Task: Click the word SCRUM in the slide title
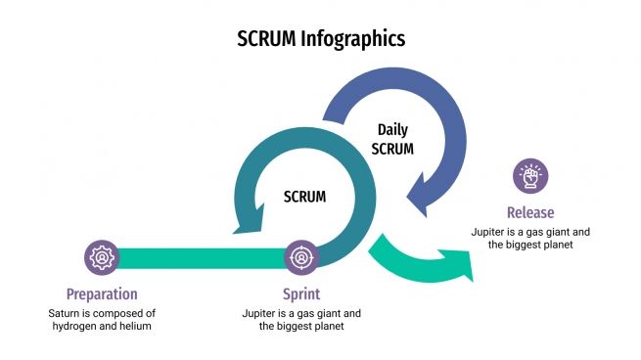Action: click(x=269, y=39)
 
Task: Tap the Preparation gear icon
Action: click(x=101, y=258)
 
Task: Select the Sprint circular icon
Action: click(x=300, y=258)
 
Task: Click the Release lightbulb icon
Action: click(x=530, y=177)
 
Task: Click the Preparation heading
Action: click(x=102, y=293)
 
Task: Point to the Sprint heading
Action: click(x=300, y=293)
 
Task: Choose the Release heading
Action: click(x=530, y=212)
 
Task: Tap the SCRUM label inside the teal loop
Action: click(x=304, y=197)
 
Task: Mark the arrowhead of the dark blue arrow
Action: click(x=427, y=196)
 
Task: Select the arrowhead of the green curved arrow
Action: click(x=459, y=265)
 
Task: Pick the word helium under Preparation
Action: click(x=136, y=326)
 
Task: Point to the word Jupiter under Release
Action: click(x=491, y=232)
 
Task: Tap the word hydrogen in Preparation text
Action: click(x=79, y=326)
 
